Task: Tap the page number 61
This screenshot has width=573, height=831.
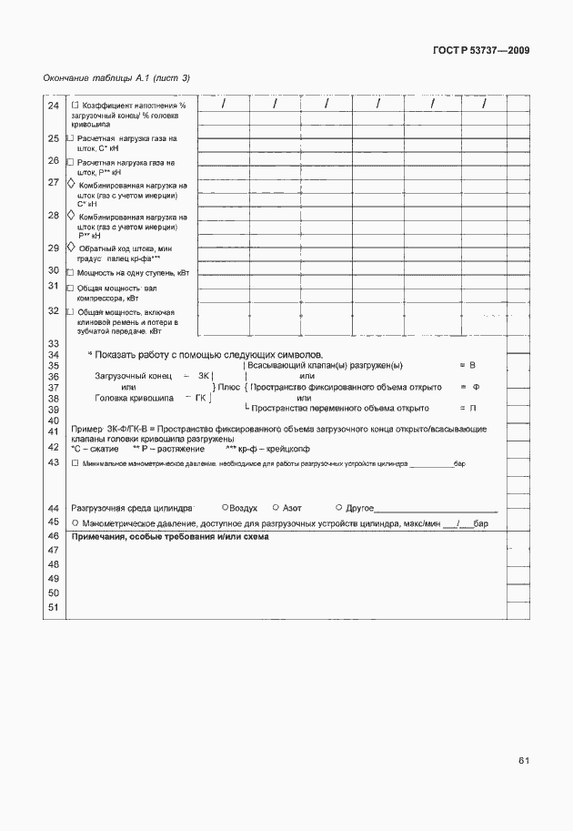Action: point(525,759)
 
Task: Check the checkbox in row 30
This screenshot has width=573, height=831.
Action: point(72,272)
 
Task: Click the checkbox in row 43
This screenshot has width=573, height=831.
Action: point(75,463)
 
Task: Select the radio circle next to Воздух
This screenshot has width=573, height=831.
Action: point(225,507)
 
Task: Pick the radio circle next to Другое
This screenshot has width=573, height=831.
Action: point(338,507)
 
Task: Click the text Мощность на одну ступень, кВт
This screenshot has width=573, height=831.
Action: point(134,272)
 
